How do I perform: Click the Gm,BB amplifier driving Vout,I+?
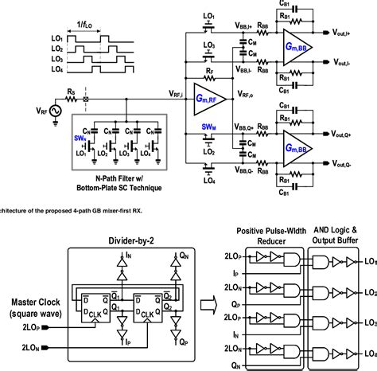[292, 49]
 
